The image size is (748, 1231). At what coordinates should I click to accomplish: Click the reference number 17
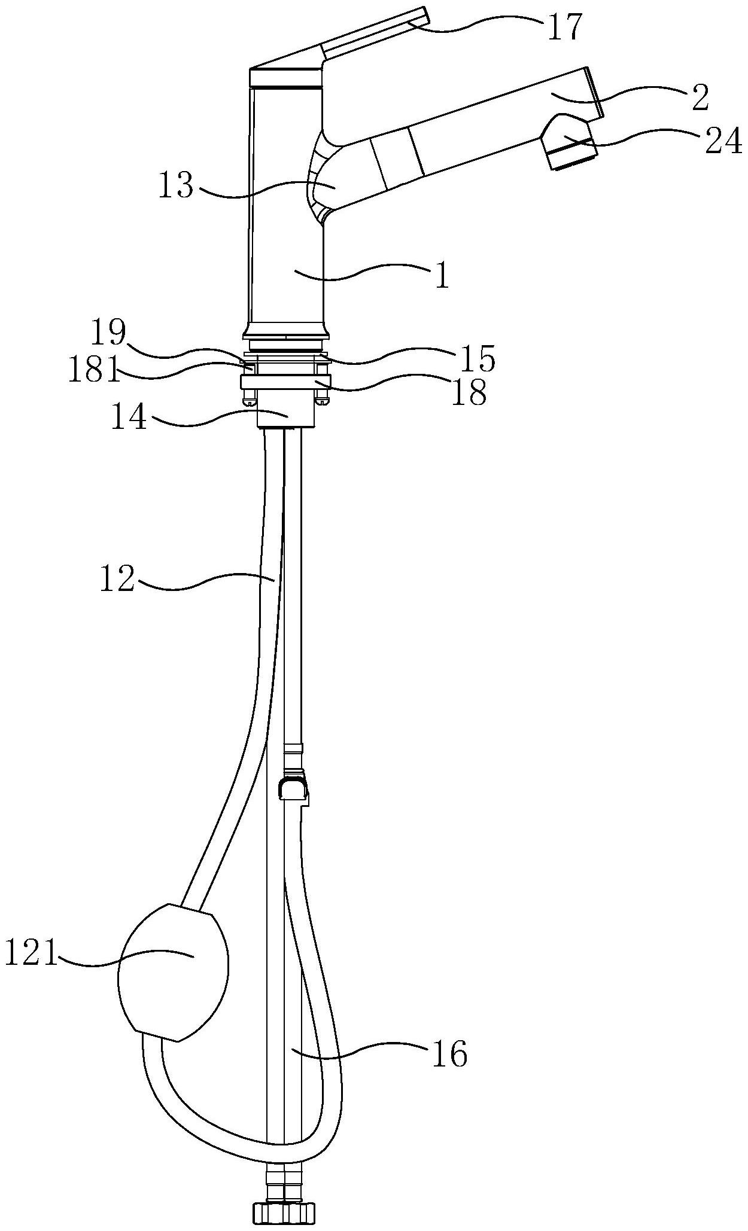[x=565, y=28]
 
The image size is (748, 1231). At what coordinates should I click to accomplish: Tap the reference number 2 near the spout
[x=699, y=97]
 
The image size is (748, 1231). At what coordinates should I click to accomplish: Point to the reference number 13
[x=176, y=187]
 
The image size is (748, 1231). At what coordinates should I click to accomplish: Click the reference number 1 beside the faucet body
[x=442, y=278]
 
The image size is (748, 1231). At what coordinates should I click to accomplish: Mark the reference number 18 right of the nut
[x=469, y=393]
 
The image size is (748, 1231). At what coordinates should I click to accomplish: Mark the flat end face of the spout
[x=594, y=93]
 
